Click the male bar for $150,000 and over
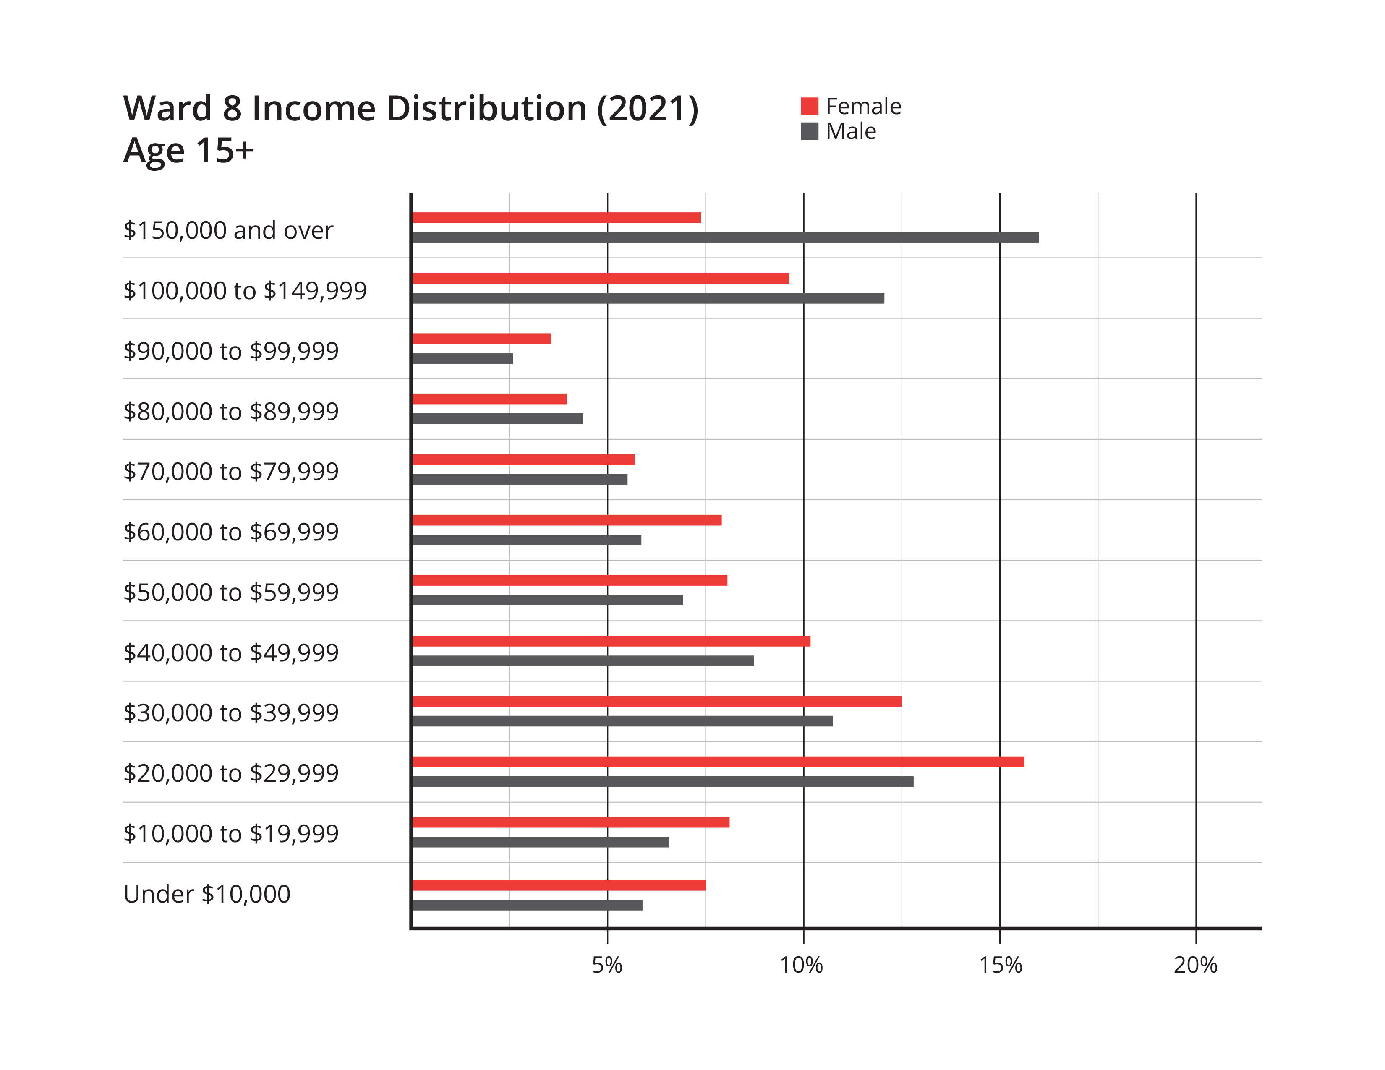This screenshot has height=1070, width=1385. pos(726,237)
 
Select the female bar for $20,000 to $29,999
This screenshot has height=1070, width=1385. pos(718,762)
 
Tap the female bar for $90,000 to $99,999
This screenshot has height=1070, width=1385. pos(482,339)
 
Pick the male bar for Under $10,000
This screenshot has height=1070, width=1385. pos(527,905)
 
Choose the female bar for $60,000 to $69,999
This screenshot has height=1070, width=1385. pos(567,520)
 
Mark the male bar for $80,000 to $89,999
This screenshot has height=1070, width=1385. pos(498,419)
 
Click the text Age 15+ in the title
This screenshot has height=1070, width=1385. pos(188,151)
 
